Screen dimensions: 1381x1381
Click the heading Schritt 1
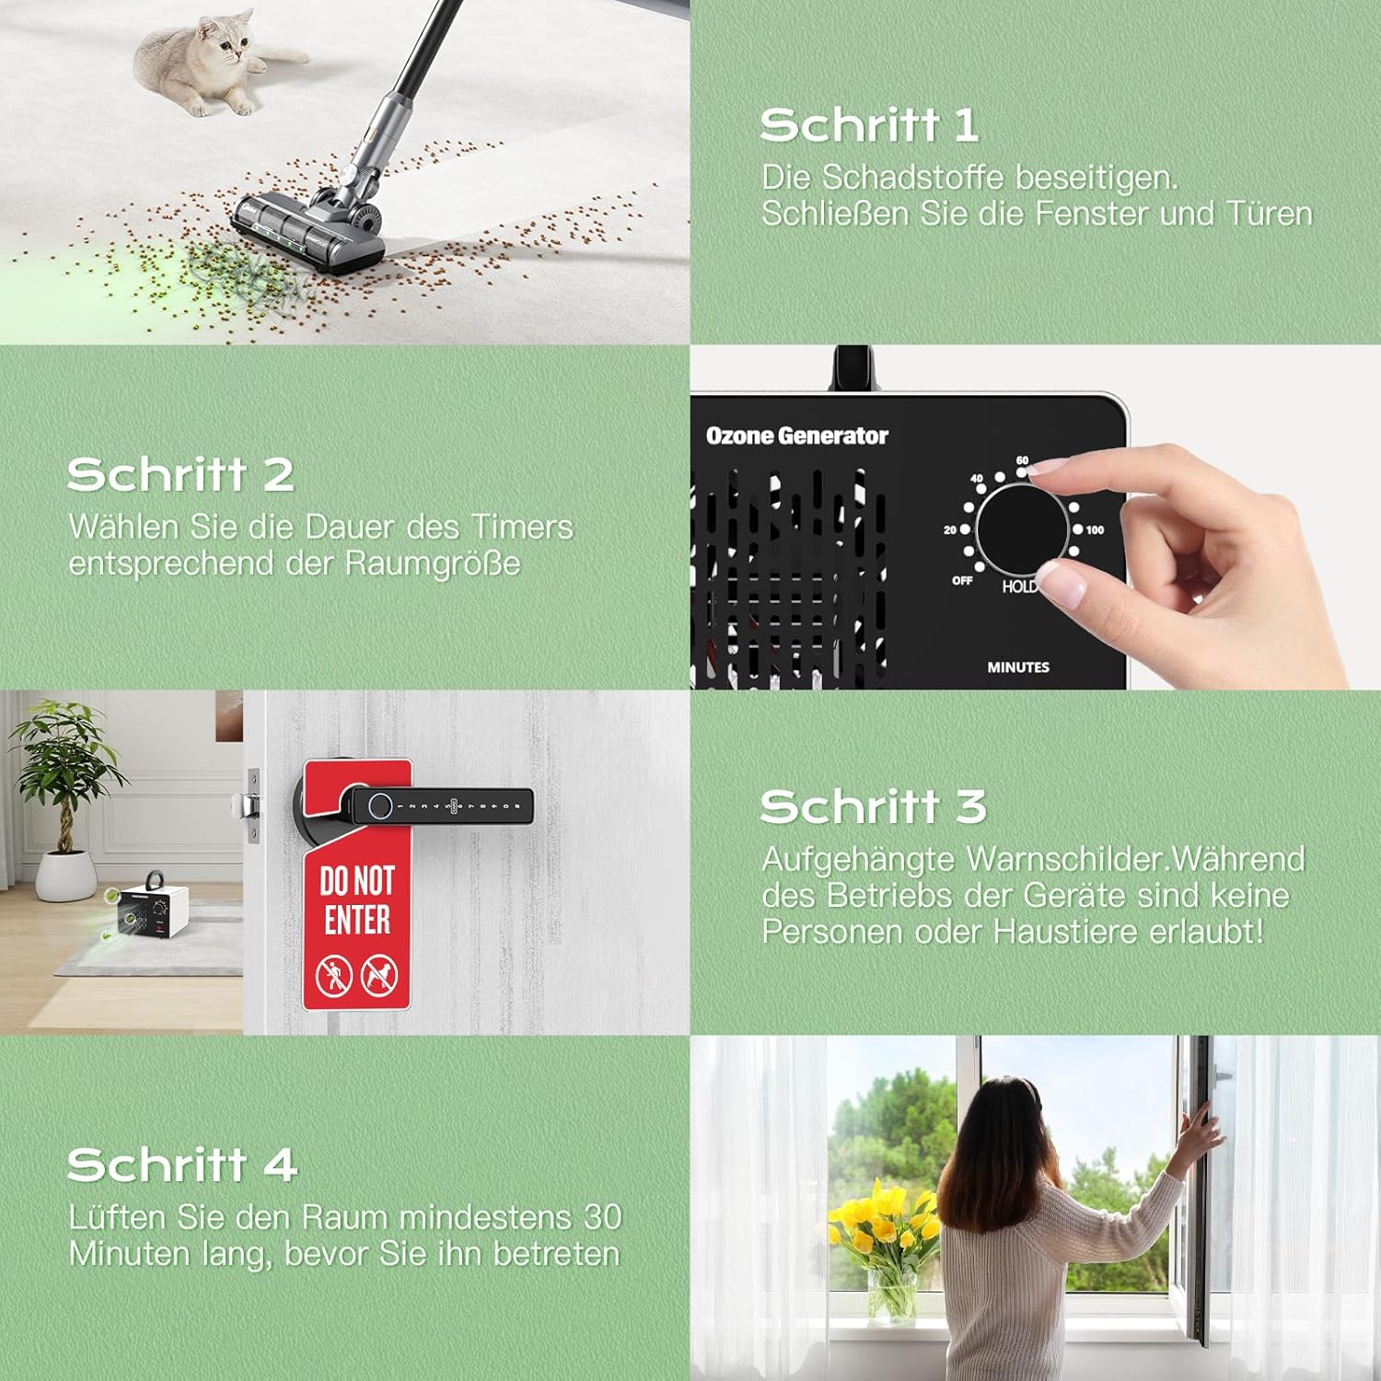(868, 125)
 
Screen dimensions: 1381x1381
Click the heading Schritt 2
(180, 475)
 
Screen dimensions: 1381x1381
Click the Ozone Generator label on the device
(796, 435)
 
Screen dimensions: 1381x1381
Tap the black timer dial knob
(1022, 531)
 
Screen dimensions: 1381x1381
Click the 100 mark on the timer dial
(1094, 529)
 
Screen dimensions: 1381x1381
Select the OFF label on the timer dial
(962, 580)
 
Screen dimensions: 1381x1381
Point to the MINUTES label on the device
(1018, 667)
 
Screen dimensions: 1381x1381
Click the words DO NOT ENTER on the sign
(357, 900)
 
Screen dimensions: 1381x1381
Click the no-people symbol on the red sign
(333, 975)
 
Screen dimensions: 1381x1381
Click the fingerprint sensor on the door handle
(378, 807)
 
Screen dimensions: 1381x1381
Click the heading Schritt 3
(873, 807)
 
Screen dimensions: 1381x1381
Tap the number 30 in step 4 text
(603, 1217)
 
